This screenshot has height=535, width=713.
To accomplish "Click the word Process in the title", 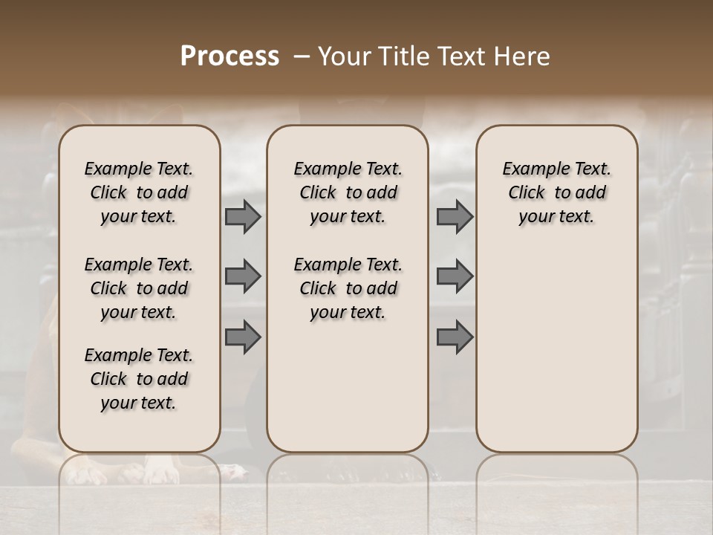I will tap(229, 56).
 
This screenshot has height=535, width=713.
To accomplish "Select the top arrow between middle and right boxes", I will tap(455, 216).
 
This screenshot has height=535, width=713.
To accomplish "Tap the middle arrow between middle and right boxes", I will tap(455, 276).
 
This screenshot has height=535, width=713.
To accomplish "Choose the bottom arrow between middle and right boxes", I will tap(455, 337).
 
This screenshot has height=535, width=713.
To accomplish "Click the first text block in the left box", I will tap(139, 192).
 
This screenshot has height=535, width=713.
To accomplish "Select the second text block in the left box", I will tap(139, 288).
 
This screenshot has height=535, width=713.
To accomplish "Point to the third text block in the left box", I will tap(139, 379).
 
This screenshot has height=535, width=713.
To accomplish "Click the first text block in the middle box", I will tap(348, 192).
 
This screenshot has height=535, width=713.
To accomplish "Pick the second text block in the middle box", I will tap(348, 288).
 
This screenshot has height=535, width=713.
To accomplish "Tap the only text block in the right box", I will tap(557, 192).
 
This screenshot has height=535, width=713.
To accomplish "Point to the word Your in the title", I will tap(342, 56).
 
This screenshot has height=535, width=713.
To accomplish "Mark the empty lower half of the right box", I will tap(557, 357).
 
